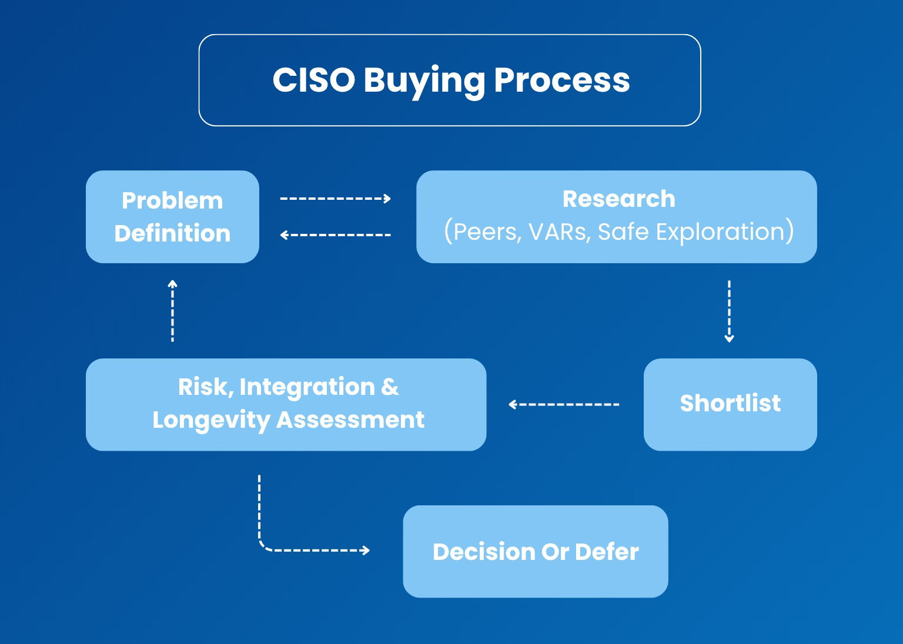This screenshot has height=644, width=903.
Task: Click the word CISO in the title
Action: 313,80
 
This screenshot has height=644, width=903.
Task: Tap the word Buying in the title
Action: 424,81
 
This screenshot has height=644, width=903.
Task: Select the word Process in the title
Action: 561,80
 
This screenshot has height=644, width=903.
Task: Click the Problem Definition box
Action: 172,217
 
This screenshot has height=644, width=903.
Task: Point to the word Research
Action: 618,199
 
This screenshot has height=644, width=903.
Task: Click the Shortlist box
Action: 730,404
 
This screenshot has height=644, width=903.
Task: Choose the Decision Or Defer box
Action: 535,551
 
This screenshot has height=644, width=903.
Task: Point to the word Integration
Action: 307,387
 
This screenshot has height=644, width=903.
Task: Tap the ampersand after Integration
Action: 390,387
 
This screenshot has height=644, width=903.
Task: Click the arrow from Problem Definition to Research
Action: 335,199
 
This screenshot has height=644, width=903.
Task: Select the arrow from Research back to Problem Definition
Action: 335,235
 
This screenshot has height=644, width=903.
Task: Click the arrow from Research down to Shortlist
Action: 729,311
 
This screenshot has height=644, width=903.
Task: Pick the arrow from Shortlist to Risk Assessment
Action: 564,404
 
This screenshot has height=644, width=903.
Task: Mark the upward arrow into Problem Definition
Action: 172,311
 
